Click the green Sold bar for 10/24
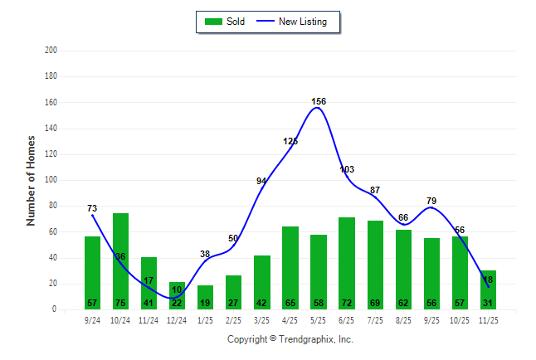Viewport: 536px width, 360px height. (120, 261)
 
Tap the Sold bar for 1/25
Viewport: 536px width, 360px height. (205, 297)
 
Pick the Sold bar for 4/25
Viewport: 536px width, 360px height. (290, 267)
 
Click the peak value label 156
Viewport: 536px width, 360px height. (319, 101)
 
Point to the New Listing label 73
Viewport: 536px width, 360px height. (92, 207)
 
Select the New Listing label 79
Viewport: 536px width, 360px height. (431, 201)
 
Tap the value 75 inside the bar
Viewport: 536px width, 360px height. (120, 304)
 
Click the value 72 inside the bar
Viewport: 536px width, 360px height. (347, 304)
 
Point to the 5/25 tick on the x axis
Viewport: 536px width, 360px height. (319, 319)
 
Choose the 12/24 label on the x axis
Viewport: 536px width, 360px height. (177, 319)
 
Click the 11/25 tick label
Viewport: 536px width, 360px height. (488, 319)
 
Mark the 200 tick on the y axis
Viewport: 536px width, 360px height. (51, 51)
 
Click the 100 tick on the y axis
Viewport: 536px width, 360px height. (51, 180)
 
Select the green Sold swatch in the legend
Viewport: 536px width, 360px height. (212, 22)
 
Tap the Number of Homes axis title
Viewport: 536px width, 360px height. (32, 180)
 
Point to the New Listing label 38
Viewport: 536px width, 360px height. (205, 254)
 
